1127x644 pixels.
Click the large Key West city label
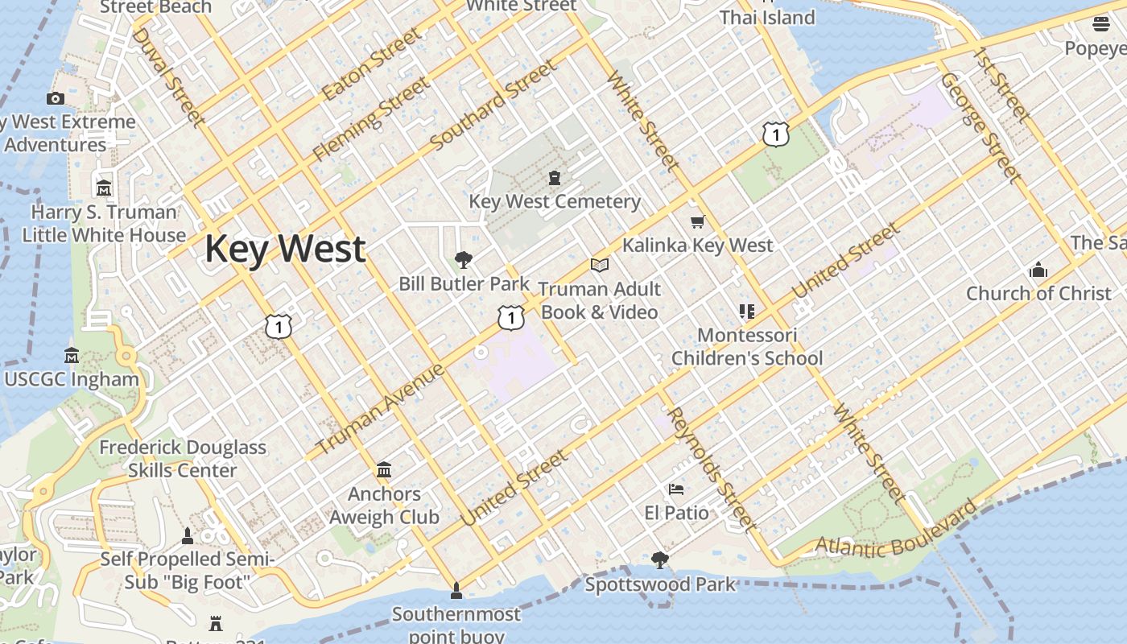[285, 249]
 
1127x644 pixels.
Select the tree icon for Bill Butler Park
[463, 259]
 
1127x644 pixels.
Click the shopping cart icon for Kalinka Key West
[697, 221]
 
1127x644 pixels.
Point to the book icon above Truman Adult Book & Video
[599, 265]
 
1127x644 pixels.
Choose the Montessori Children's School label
[747, 346]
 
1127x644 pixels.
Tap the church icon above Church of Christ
[1038, 270]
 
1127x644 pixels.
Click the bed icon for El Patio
[676, 489]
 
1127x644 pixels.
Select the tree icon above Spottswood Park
[660, 559]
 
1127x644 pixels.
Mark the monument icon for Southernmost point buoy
[456, 591]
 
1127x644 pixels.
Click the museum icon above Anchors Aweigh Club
[384, 469]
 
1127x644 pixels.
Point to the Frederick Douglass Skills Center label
[183, 459]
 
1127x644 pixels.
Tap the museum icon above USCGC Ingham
[72, 355]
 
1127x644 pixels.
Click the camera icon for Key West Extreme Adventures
[56, 98]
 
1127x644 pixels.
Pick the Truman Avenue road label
[380, 409]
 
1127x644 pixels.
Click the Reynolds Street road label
[712, 470]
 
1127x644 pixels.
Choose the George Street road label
[980, 127]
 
